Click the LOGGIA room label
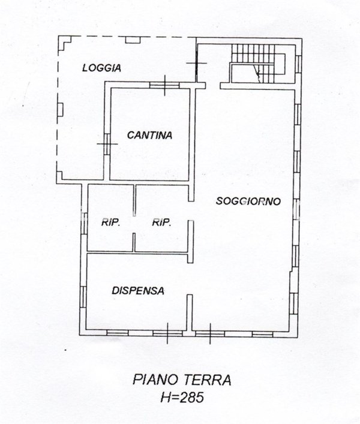(x=101, y=68)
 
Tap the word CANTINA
(x=149, y=136)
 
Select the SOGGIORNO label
(x=248, y=202)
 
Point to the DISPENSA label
(x=138, y=290)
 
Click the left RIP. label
(x=110, y=222)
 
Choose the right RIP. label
(x=162, y=222)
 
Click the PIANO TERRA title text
(x=181, y=381)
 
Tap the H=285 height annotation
(x=181, y=397)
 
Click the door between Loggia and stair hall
(x=196, y=63)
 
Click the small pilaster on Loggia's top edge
(x=133, y=40)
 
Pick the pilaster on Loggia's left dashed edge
(x=60, y=108)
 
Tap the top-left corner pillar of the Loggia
(x=64, y=41)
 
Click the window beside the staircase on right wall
(x=297, y=63)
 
